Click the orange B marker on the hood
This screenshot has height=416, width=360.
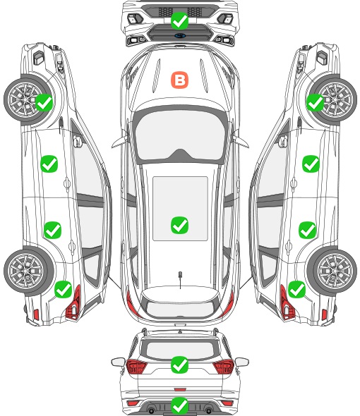point(179,80)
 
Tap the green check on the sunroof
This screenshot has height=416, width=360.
point(179,225)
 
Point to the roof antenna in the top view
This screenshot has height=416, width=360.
point(180,275)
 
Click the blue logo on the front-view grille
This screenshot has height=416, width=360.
point(180,35)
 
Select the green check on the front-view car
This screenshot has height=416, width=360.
point(179,20)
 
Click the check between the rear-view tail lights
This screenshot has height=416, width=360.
point(179,365)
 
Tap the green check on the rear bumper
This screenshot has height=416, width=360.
point(179,405)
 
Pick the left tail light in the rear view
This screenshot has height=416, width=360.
point(136,367)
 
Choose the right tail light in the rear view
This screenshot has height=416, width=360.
point(224,367)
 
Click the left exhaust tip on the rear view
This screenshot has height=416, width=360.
point(151,410)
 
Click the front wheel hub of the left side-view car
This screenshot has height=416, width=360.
point(25,99)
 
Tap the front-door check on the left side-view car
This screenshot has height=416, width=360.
point(49,164)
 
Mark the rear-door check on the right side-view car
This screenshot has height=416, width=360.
point(307,230)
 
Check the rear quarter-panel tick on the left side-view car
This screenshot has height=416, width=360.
point(63,290)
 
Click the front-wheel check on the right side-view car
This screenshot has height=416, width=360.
point(316,103)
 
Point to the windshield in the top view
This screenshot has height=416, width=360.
point(180,135)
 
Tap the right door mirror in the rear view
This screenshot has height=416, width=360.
point(242,362)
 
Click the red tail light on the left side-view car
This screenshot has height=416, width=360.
point(73,303)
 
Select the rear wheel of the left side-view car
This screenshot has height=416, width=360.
point(27,271)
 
